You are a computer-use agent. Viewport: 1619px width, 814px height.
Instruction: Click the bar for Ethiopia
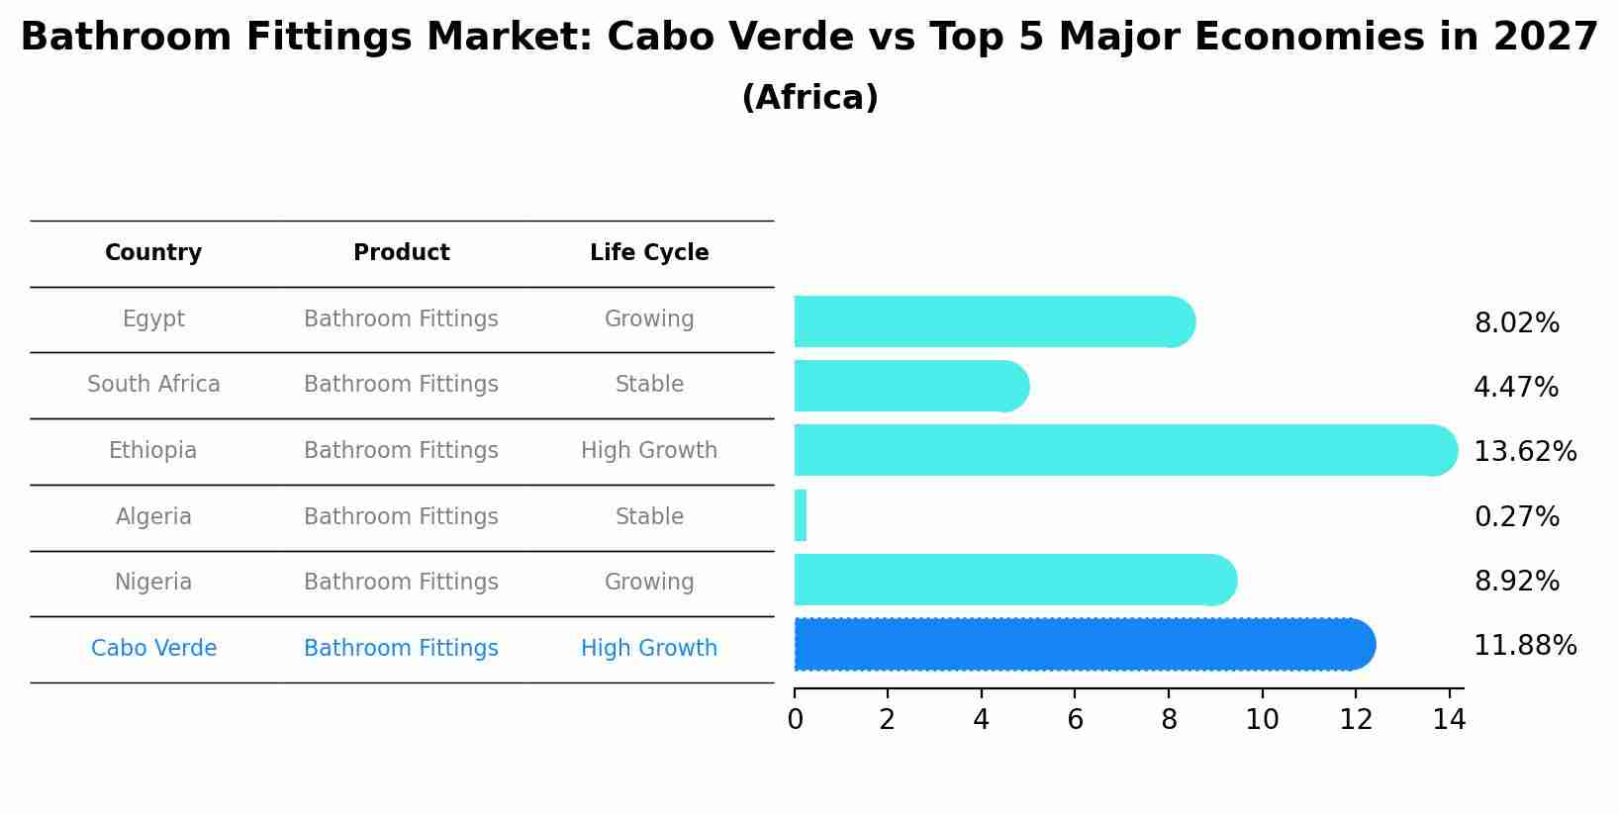tap(1125, 450)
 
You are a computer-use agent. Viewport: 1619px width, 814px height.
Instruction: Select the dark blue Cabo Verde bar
tap(1084, 645)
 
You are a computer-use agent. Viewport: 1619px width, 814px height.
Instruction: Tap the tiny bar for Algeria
tap(801, 515)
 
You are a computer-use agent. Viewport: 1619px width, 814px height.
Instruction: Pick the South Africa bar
tap(910, 386)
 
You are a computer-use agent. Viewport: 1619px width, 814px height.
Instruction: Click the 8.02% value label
tap(1516, 323)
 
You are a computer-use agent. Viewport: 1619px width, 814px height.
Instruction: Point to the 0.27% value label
tap(1516, 517)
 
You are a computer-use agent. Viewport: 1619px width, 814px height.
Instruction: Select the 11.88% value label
tap(1524, 646)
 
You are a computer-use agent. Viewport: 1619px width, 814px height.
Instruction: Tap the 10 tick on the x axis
tap(1262, 719)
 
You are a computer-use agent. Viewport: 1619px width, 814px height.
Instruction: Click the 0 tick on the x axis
tap(795, 719)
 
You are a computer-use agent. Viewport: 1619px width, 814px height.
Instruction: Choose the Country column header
tap(153, 253)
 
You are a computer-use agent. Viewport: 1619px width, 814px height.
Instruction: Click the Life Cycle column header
tap(649, 253)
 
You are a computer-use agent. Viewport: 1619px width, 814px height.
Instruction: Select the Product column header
tap(401, 253)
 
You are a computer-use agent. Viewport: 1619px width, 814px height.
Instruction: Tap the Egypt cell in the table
tap(153, 319)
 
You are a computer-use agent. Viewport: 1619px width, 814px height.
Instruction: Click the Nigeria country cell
tap(153, 583)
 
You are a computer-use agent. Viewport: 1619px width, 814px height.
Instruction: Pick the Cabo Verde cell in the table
tap(153, 649)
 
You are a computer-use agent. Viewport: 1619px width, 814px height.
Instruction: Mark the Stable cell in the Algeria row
tap(649, 517)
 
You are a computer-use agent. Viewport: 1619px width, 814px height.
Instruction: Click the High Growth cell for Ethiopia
tap(649, 451)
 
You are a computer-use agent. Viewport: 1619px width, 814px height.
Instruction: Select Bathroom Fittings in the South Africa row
tap(401, 385)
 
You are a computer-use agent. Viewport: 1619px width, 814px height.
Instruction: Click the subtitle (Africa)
tap(809, 98)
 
